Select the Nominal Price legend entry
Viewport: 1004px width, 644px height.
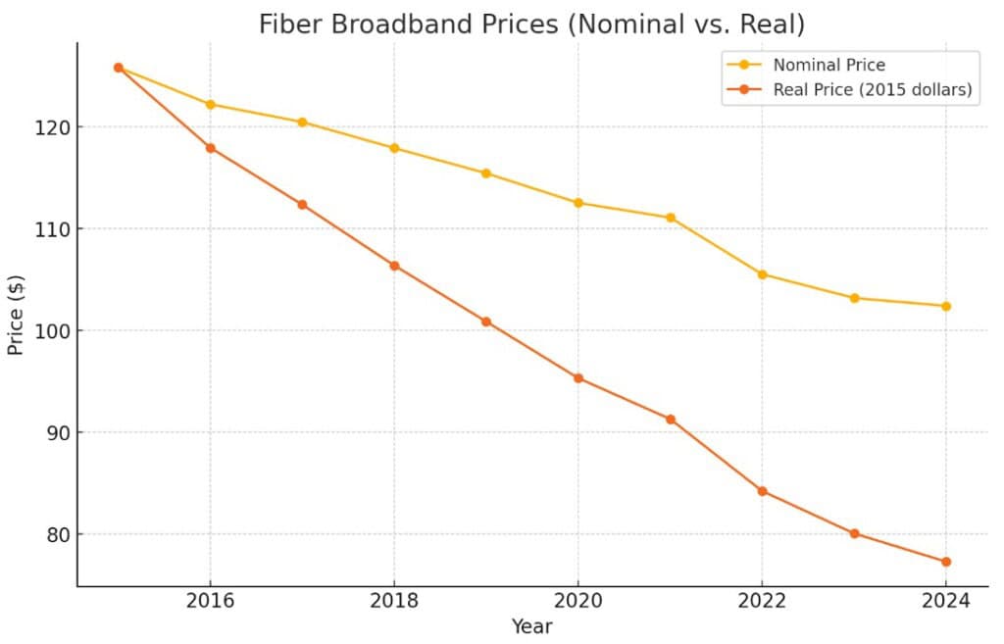click(x=828, y=66)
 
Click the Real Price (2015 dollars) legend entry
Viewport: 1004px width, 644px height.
click(x=872, y=90)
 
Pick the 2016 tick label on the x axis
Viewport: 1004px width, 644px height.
click(x=210, y=600)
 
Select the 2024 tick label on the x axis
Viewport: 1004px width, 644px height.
click(x=946, y=600)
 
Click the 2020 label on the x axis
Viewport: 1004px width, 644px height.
click(x=577, y=600)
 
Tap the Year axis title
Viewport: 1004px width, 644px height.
click(x=531, y=626)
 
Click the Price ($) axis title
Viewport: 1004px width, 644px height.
click(x=17, y=316)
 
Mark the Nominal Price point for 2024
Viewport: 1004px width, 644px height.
click(x=946, y=306)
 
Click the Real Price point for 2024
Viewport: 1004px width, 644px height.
click(x=946, y=562)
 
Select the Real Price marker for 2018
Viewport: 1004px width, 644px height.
click(x=394, y=266)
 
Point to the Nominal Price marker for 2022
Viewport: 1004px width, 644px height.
click(x=762, y=274)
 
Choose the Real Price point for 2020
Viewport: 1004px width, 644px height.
click(x=578, y=378)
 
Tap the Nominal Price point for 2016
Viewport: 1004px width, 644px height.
click(x=210, y=104)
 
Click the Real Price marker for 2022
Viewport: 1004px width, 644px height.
click(x=762, y=491)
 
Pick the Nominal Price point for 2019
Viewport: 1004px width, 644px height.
click(x=486, y=173)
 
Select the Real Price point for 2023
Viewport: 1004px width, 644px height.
click(x=854, y=533)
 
